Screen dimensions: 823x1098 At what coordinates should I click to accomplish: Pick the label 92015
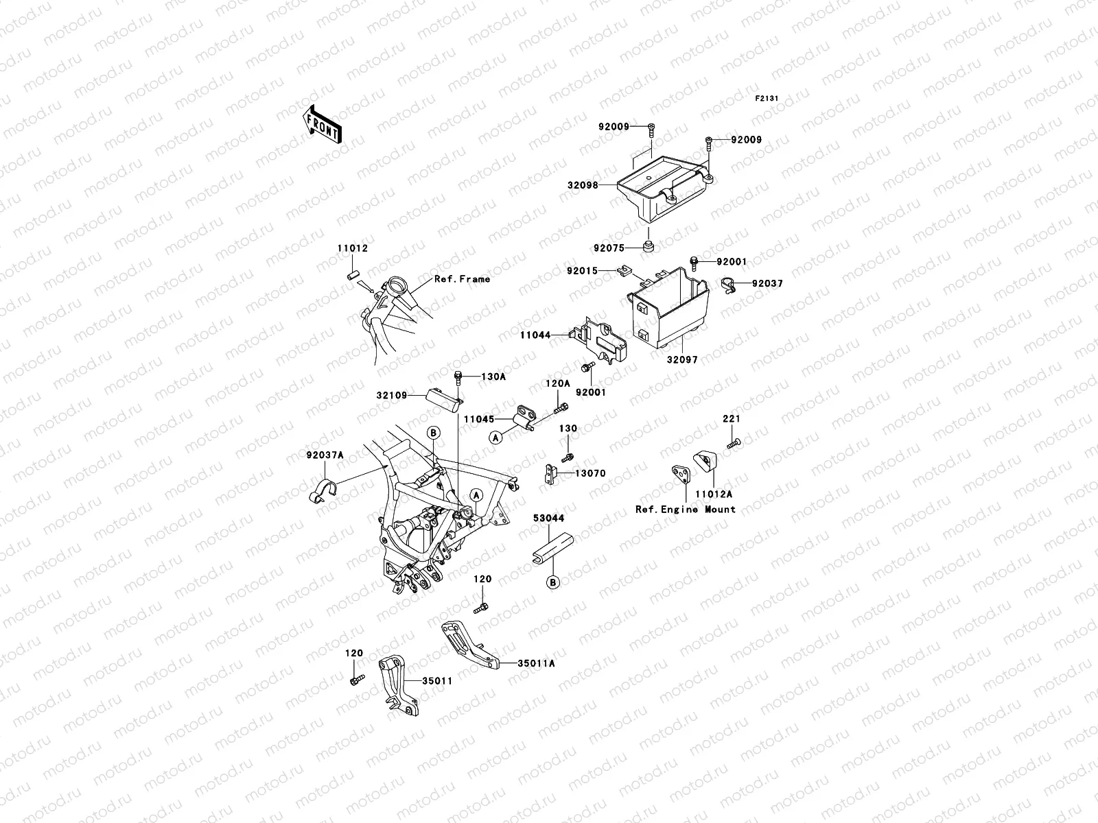click(x=581, y=272)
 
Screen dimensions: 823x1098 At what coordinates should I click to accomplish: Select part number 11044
click(x=535, y=335)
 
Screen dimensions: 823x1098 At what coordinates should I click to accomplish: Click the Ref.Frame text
click(x=462, y=279)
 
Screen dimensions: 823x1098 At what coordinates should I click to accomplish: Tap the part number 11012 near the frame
click(x=351, y=248)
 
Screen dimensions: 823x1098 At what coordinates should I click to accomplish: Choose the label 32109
click(x=391, y=396)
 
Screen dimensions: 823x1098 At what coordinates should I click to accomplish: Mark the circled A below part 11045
click(x=495, y=436)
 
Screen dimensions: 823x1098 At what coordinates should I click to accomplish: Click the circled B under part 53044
click(x=553, y=582)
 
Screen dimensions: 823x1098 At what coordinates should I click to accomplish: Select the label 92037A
click(x=325, y=454)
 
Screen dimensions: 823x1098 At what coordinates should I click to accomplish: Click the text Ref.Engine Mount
click(x=685, y=510)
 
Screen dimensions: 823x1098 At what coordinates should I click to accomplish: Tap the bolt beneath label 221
click(x=734, y=444)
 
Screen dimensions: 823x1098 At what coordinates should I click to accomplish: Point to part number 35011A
click(x=536, y=664)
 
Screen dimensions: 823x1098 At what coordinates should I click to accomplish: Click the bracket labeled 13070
click(x=549, y=474)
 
